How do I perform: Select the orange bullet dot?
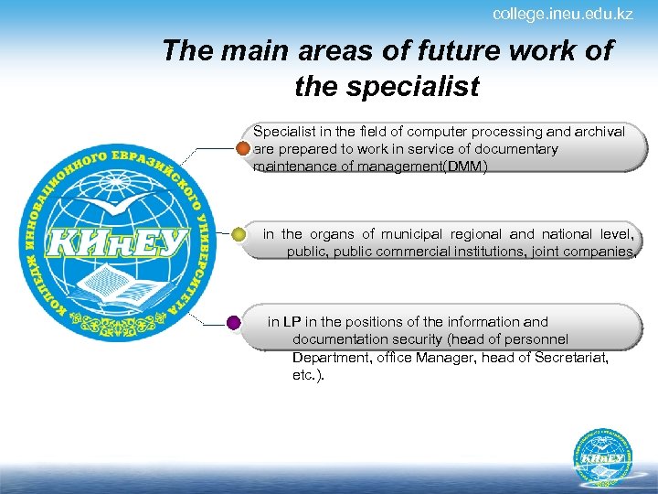[x=242, y=148]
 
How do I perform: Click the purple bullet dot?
[x=234, y=322]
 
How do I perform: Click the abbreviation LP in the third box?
[x=292, y=322]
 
